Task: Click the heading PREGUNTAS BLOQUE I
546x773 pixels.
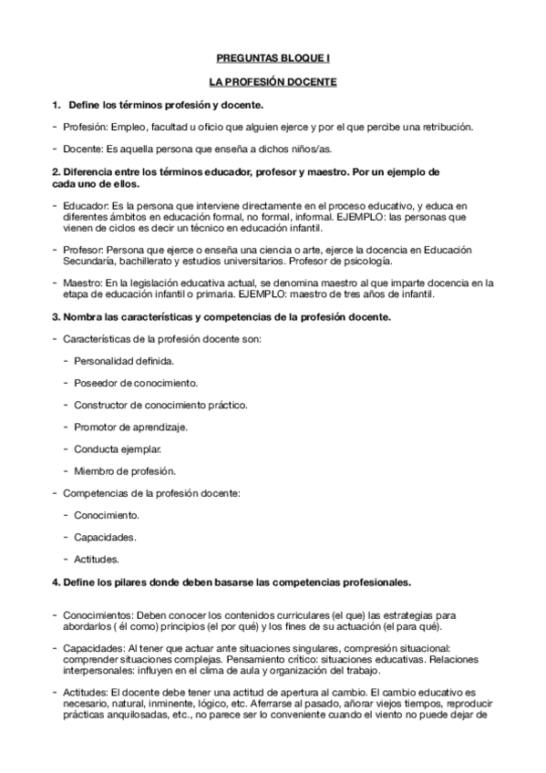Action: click(273, 57)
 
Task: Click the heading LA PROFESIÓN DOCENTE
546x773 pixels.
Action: click(273, 82)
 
